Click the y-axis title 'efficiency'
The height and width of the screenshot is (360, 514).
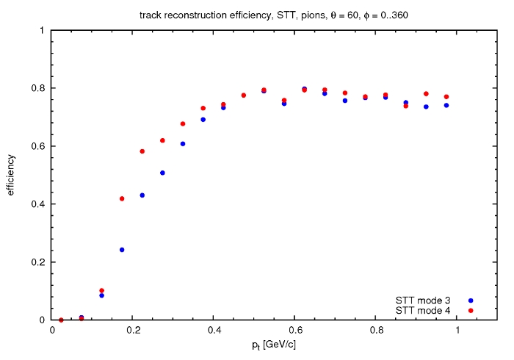12,175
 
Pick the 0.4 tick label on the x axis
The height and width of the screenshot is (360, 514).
214,330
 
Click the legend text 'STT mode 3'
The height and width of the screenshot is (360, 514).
423,300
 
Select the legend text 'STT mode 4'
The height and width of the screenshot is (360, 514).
423,311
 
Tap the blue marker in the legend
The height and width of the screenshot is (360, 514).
471,300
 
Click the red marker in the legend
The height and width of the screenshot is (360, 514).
471,311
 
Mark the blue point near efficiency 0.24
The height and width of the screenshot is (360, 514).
122,250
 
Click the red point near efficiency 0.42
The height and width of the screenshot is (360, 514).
122,198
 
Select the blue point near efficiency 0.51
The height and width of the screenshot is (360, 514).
162,173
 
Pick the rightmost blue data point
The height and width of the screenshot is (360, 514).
446,105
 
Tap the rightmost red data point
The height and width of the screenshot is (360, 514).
446,97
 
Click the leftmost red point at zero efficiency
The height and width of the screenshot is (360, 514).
61,320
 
